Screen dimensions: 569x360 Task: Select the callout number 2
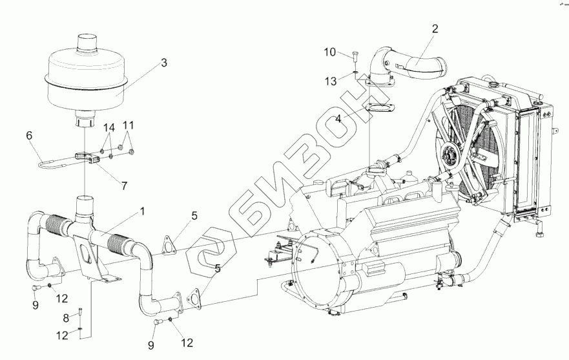tap(435, 28)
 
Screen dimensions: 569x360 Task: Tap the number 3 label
tap(164, 63)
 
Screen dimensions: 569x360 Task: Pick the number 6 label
tap(29, 136)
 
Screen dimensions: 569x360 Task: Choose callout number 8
tap(65, 318)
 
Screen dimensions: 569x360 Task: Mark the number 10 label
tap(329, 51)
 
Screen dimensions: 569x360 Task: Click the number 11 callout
tap(129, 124)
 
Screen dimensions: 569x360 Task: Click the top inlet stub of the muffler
tap(87, 45)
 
